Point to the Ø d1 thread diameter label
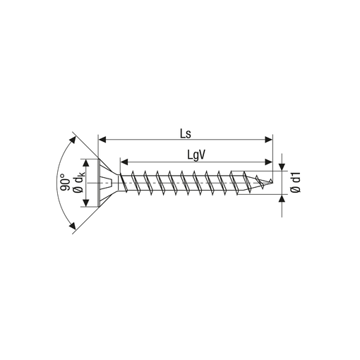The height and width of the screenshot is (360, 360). [x=296, y=182]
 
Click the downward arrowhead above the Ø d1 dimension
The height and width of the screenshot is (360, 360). [x=282, y=167]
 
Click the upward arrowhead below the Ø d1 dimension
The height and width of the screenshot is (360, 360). [x=282, y=198]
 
